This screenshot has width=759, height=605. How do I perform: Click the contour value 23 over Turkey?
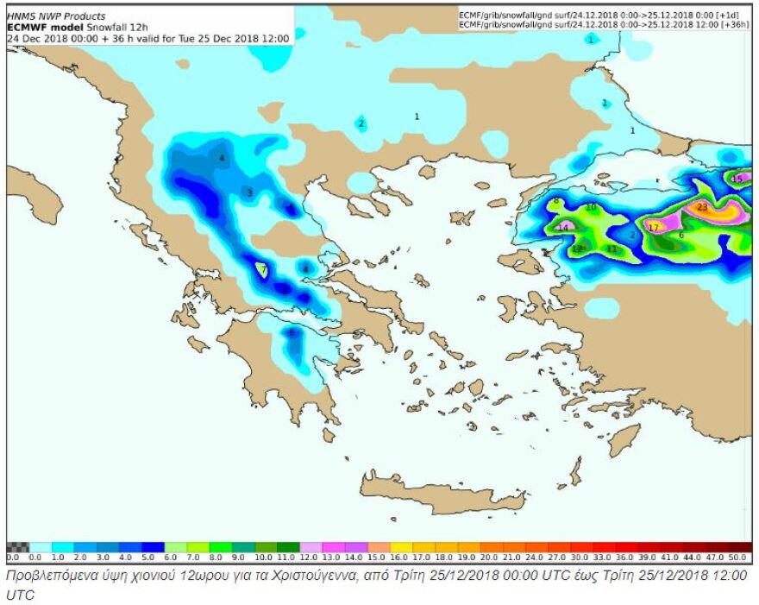702,207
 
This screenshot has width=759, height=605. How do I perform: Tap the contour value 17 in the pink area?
653,228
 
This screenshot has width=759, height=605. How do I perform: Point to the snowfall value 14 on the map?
563,228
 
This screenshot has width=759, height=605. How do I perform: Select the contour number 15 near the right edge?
737,179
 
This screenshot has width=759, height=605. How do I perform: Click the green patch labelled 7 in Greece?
263,270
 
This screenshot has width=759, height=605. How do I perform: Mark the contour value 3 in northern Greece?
249,192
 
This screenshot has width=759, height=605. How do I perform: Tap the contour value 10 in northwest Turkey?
591,208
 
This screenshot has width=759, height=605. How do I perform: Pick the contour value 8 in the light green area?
557,201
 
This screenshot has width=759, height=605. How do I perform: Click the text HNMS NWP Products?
56,16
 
